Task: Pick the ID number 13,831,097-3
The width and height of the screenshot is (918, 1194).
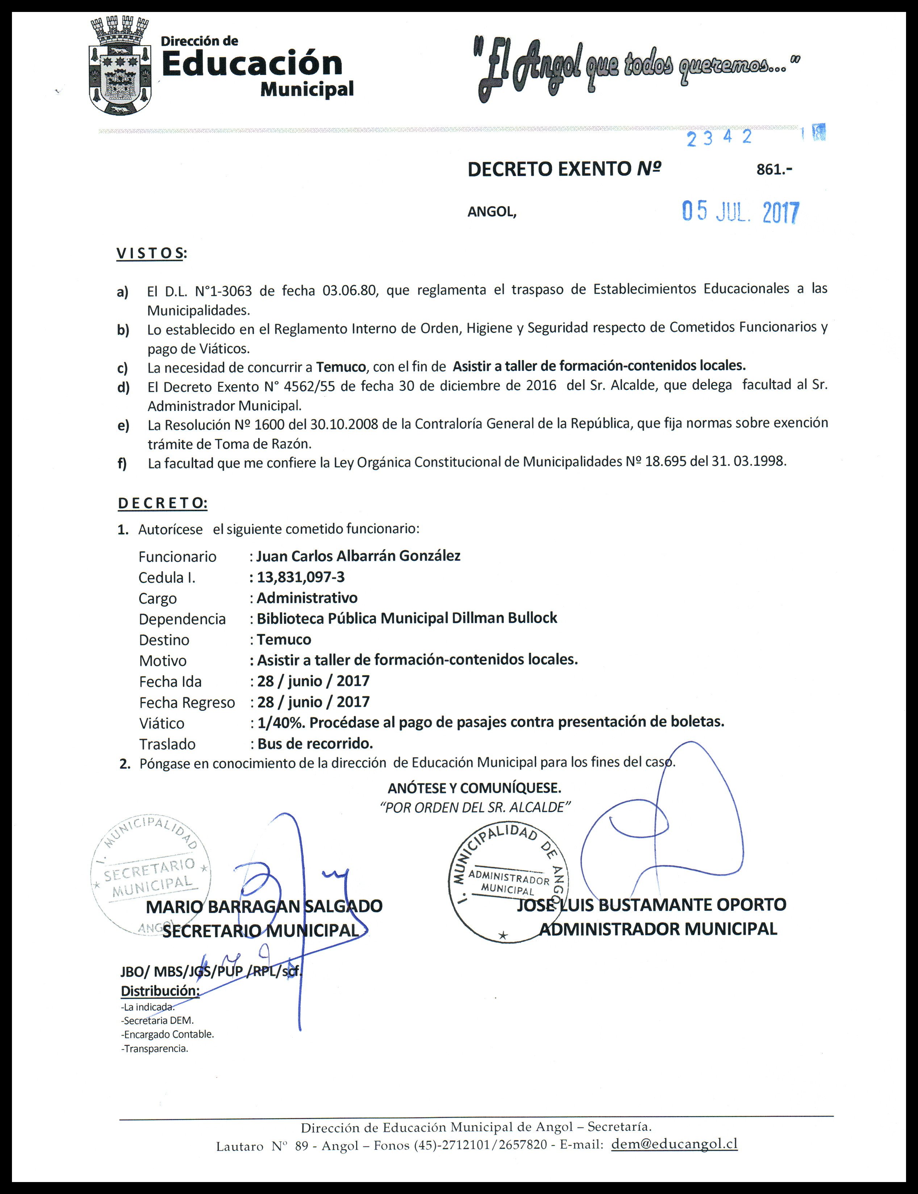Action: [301, 577]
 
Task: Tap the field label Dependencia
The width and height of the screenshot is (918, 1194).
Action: [182, 619]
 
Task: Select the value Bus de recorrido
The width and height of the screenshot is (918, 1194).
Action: [315, 744]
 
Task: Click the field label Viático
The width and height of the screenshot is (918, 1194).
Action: [162, 723]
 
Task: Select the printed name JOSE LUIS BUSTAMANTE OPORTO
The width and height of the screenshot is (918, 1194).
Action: [651, 905]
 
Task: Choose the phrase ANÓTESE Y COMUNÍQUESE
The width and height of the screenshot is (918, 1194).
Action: [474, 788]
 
